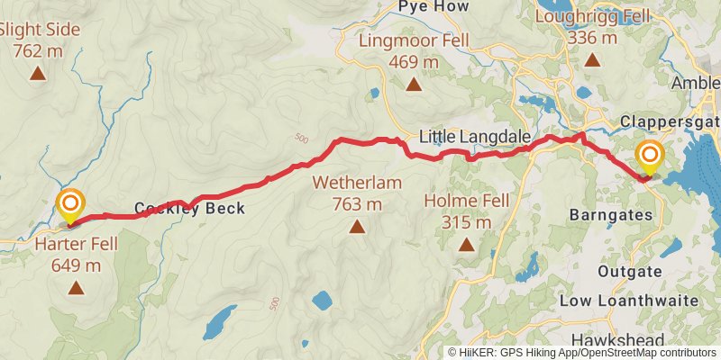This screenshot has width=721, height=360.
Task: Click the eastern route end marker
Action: (649, 157)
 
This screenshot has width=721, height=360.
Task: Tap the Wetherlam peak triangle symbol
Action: (359, 228)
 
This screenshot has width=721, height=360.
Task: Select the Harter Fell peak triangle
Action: (76, 288)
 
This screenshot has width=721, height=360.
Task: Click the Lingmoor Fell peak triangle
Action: (413, 85)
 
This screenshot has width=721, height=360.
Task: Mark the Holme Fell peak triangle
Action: (466, 245)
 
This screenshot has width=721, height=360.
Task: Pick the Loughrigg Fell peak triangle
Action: (592, 61)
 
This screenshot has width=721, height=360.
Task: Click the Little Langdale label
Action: (472, 137)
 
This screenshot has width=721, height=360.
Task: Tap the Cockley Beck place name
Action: (189, 209)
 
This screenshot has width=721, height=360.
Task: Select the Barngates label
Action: (609, 215)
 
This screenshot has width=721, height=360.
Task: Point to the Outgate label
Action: (631, 271)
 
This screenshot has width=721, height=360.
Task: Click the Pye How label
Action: (434, 7)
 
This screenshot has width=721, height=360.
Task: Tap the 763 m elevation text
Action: (358, 204)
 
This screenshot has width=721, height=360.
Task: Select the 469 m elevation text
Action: (413, 62)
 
